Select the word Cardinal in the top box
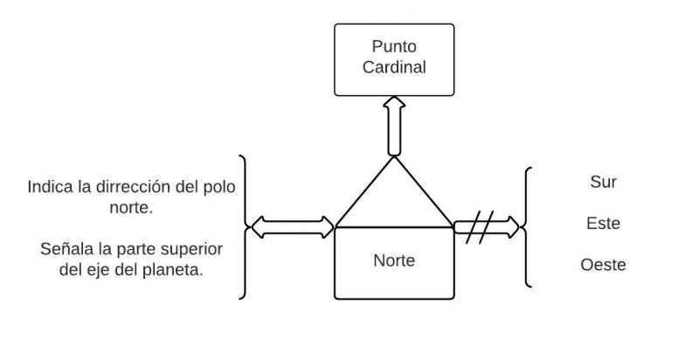[x=395, y=67]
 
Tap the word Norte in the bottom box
[x=395, y=260]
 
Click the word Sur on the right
[x=604, y=183]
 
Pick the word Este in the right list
[x=603, y=224]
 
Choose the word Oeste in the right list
[x=603, y=265]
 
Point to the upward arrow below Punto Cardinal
[x=395, y=127]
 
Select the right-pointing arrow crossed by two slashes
[x=487, y=228]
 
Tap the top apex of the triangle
[x=395, y=158]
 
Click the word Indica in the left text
[x=50, y=187]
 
